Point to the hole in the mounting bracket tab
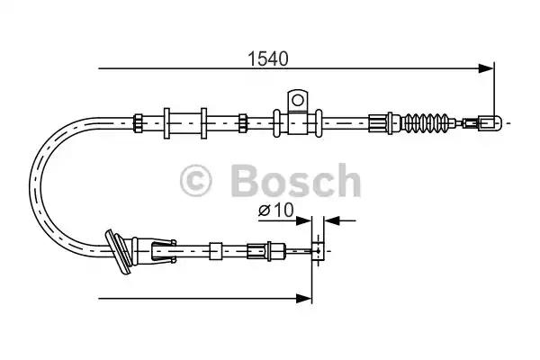click(297, 98)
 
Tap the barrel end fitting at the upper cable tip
click(486, 120)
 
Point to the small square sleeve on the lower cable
click(215, 250)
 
